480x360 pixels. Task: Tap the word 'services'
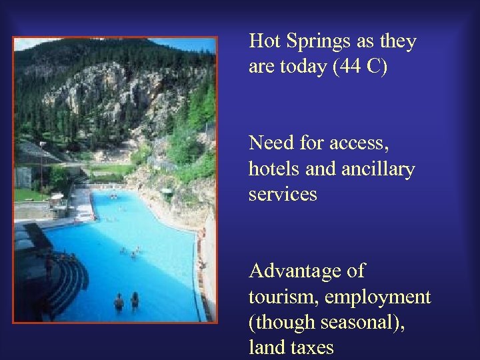pos(283,195)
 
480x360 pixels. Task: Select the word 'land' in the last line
pos(263,347)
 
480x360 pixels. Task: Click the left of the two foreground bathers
pos(119,303)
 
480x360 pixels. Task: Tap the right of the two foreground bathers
pos(135,301)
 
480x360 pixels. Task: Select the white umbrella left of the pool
pos(58,197)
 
